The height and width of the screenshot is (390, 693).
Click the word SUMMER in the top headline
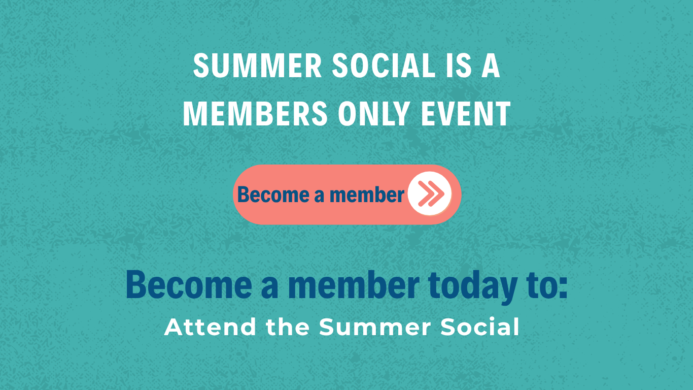(x=257, y=66)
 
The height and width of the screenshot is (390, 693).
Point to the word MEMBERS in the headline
(x=255, y=114)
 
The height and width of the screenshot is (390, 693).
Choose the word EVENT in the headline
(x=465, y=114)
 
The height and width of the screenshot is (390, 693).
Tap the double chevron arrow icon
(x=431, y=194)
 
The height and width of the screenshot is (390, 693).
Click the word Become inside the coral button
(x=273, y=194)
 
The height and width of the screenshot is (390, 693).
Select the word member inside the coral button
(x=367, y=194)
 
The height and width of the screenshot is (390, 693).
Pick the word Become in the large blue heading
(x=189, y=285)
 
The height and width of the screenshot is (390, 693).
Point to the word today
(x=473, y=286)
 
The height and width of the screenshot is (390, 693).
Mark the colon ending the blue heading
(x=563, y=289)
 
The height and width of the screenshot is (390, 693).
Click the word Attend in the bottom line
(x=210, y=327)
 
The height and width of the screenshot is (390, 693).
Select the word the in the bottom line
(x=288, y=327)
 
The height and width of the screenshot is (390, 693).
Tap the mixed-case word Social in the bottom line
(x=479, y=327)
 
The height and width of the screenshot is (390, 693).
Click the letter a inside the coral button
(x=320, y=196)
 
